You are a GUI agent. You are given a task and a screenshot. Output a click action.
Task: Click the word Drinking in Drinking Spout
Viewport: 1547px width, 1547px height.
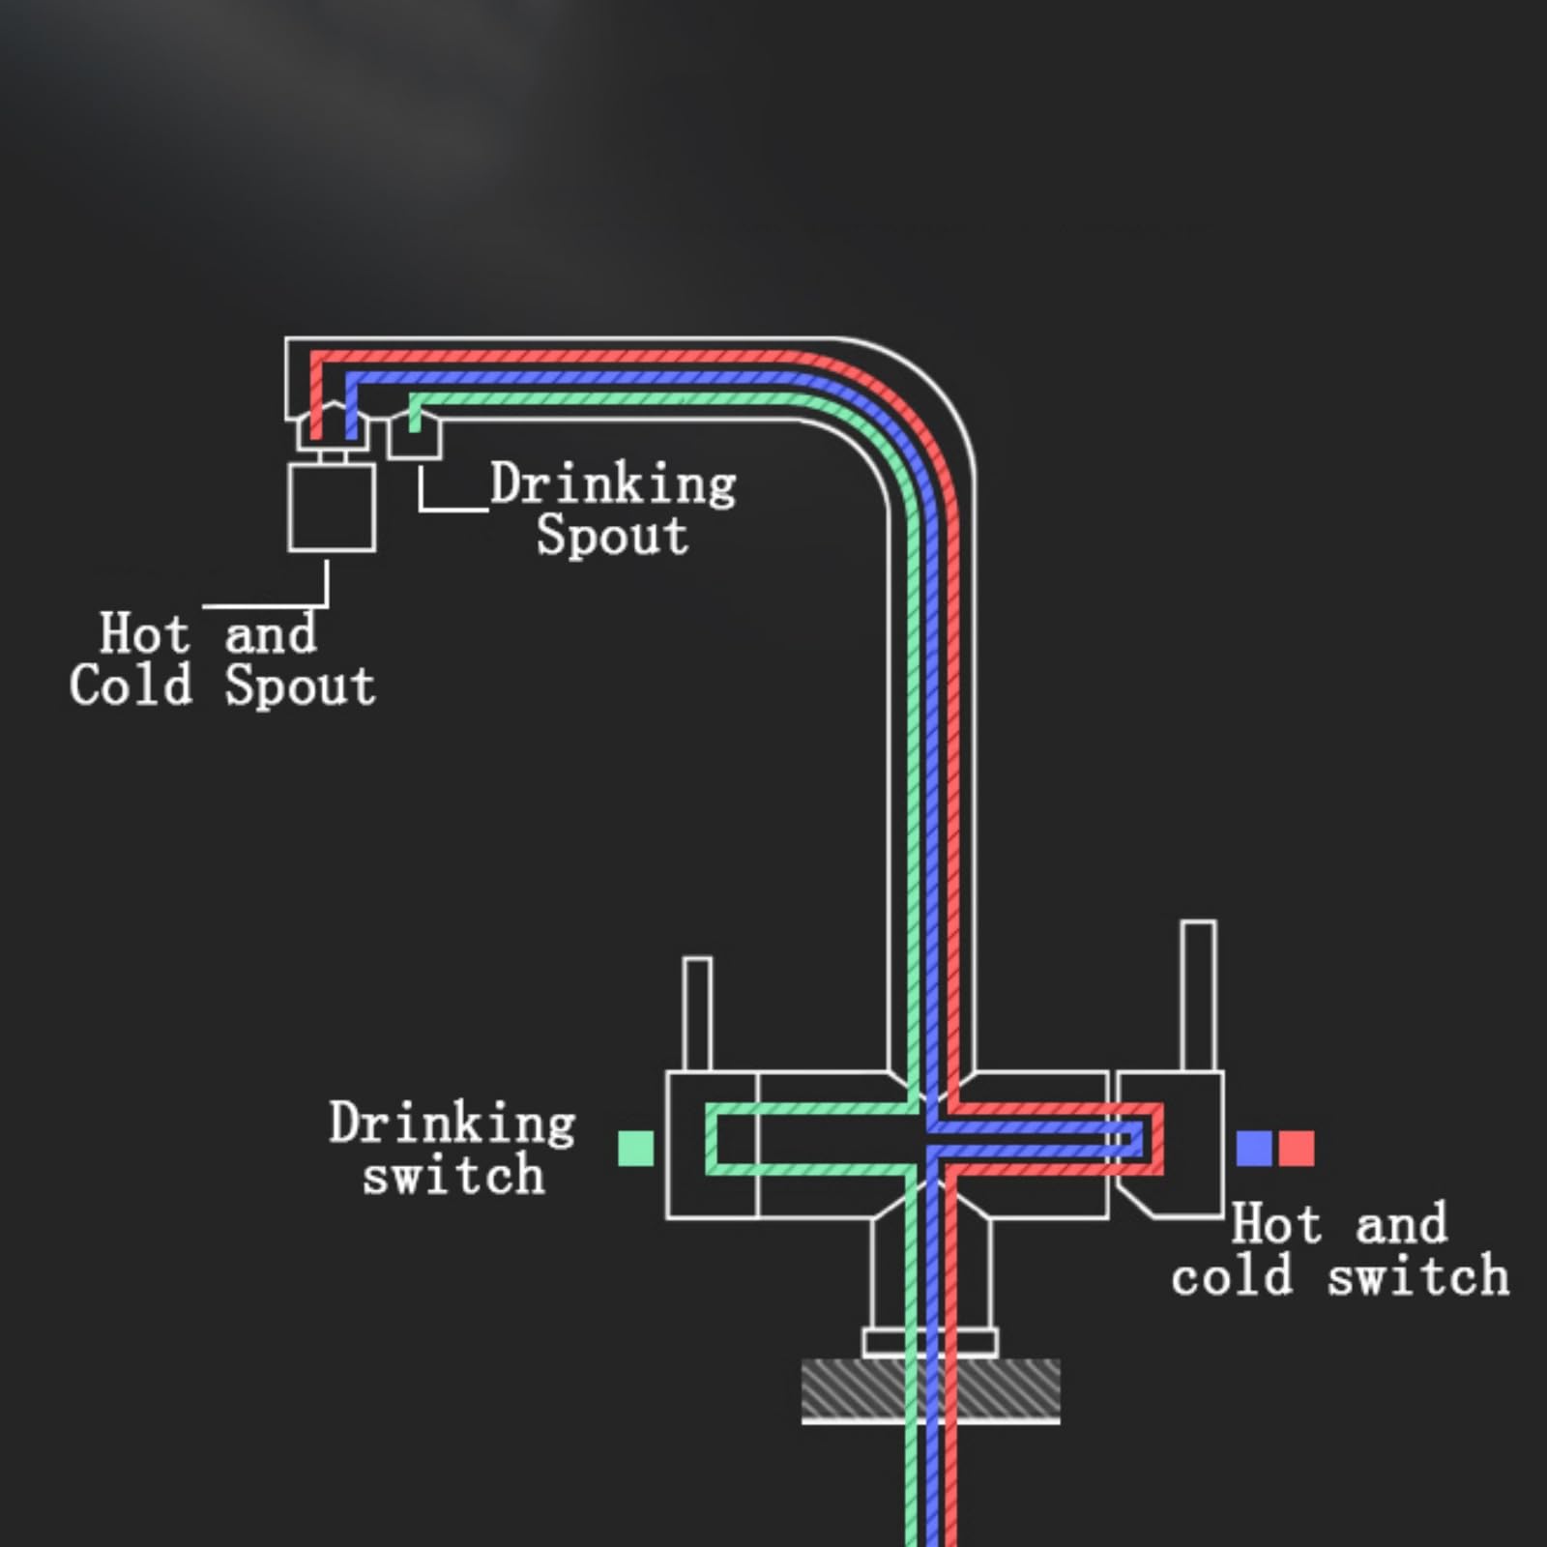pos(613,484)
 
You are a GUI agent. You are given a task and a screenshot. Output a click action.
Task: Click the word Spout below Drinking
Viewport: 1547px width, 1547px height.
pos(612,535)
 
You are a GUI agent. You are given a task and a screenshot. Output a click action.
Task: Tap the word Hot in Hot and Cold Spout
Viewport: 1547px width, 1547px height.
pos(144,633)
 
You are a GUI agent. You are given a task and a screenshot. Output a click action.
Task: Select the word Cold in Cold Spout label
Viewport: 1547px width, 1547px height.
pos(131,686)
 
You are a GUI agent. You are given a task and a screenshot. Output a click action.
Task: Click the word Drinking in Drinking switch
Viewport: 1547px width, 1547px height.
pos(452,1124)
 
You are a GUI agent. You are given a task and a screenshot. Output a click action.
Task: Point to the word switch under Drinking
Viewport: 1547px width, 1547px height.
pos(453,1175)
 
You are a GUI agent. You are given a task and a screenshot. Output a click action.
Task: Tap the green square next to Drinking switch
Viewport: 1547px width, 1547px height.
pos(635,1149)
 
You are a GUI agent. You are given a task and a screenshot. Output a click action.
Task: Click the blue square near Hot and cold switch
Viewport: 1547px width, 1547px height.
pos(1254,1149)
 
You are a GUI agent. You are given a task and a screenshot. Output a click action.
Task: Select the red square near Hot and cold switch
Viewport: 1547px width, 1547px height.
pos(1297,1149)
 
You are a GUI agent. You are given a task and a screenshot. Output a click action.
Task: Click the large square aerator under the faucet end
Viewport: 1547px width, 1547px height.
pos(332,508)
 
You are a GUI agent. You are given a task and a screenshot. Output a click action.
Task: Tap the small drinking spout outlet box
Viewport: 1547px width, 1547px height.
pos(415,434)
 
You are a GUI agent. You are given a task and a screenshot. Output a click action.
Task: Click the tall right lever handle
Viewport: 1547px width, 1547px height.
pos(1199,996)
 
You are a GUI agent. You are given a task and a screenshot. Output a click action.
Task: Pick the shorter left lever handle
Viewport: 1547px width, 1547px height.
pos(697,1014)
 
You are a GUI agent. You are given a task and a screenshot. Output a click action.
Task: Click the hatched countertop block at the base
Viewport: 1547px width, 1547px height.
pos(930,1389)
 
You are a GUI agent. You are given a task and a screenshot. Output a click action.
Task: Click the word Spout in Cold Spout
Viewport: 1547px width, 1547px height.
pos(300,686)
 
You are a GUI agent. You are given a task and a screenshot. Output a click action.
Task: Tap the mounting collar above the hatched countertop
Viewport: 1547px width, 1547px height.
pos(930,1343)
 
